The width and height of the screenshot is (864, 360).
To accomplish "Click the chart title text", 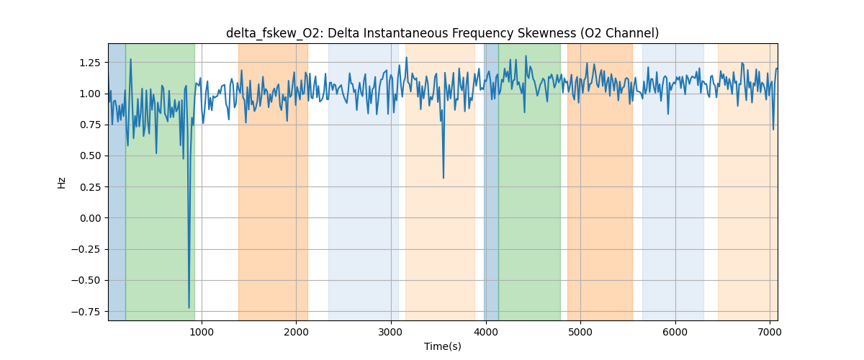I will [x=442, y=33].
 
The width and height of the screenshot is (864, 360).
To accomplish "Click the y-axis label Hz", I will [x=62, y=182].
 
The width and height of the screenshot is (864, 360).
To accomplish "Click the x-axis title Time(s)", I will [x=442, y=346].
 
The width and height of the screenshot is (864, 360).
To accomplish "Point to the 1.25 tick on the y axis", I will [x=90, y=63].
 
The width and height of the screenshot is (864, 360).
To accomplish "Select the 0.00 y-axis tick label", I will [x=90, y=218].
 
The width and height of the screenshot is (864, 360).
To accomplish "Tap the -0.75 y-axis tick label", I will [x=87, y=312].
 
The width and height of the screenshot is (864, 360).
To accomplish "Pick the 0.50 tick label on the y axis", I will [x=90, y=156].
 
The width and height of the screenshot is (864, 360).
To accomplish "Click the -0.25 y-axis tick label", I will [x=87, y=250].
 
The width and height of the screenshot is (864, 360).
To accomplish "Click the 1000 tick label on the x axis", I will [x=202, y=332].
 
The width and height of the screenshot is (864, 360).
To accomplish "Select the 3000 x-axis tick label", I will [x=391, y=332].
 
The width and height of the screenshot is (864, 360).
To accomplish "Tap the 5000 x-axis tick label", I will [x=580, y=332].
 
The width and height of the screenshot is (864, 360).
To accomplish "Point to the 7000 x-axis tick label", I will [x=770, y=332].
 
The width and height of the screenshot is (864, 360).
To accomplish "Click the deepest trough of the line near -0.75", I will [x=189, y=307].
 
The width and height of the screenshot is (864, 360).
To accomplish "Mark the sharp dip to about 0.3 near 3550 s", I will [x=443, y=178].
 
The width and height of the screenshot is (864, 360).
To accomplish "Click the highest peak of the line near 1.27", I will [x=130, y=59].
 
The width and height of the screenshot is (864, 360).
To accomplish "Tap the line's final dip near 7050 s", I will [x=773, y=130].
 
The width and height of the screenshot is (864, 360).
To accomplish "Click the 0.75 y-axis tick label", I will [x=90, y=125].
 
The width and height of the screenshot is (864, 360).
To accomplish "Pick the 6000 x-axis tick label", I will [x=675, y=332].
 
